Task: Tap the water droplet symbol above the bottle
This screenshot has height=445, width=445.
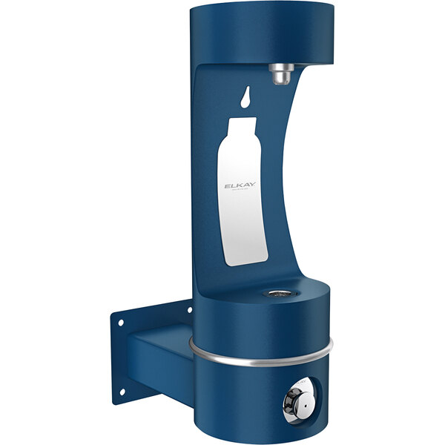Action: coord(245,97)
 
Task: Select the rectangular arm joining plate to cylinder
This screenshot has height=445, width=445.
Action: coord(159,356)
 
